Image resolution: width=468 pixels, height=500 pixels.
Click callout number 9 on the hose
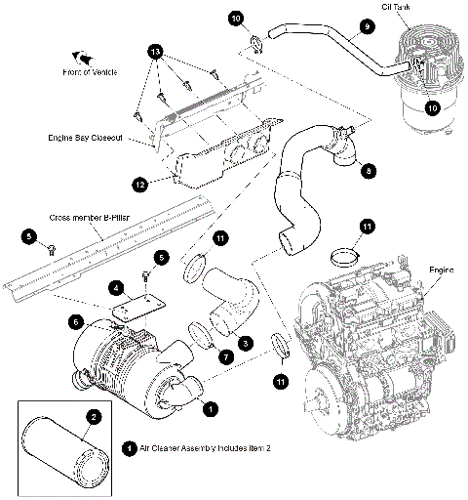[x=368, y=28]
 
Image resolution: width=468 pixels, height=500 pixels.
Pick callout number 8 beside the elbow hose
[x=368, y=170]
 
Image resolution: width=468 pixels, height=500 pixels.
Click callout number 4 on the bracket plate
[x=117, y=288]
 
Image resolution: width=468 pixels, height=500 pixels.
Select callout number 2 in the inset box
[x=93, y=416]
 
